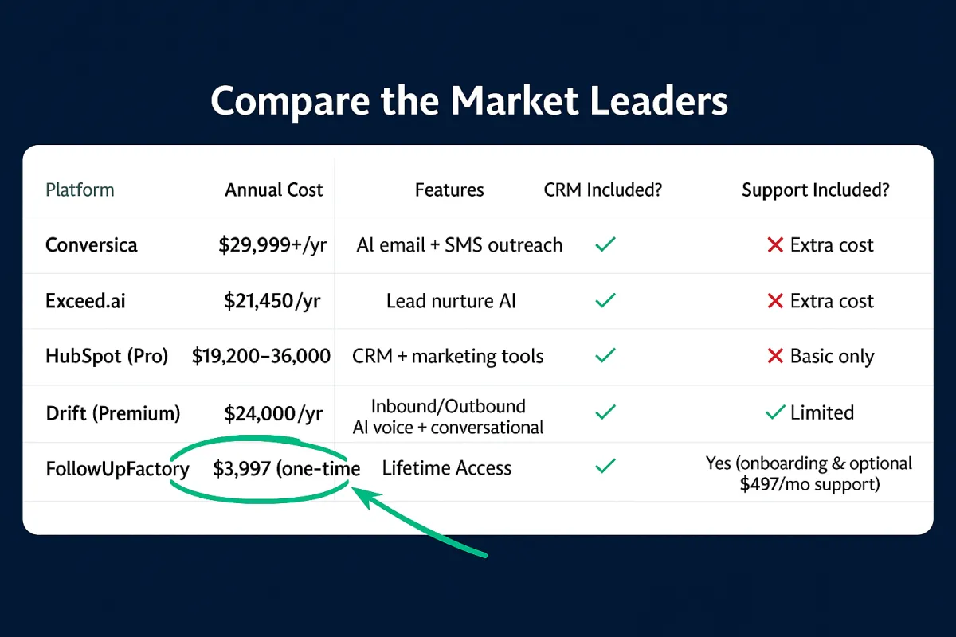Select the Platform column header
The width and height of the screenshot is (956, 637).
[x=80, y=190]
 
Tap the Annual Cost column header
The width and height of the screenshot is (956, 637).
[x=273, y=190]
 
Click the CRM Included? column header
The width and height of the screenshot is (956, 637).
[x=602, y=190]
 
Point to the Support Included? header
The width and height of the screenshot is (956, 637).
[x=816, y=190]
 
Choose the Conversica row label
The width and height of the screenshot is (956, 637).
[x=92, y=245]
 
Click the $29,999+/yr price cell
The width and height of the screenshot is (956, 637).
[x=272, y=245]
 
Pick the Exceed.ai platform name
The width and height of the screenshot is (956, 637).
[x=85, y=301]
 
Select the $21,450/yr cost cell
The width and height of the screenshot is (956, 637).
[x=272, y=301]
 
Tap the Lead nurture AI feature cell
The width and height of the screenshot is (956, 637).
[x=451, y=301]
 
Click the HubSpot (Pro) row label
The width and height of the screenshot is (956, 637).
[x=107, y=356]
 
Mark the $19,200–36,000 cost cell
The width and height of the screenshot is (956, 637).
[x=261, y=356]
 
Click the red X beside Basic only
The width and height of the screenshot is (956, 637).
[x=775, y=356]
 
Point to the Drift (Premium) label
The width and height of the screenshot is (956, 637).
[x=113, y=413]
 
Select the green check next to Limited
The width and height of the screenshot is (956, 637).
[x=775, y=412]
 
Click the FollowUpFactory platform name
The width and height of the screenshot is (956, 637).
[x=117, y=469]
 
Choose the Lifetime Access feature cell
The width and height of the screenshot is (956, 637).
[x=446, y=468]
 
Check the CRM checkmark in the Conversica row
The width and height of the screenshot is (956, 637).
[x=605, y=244]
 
